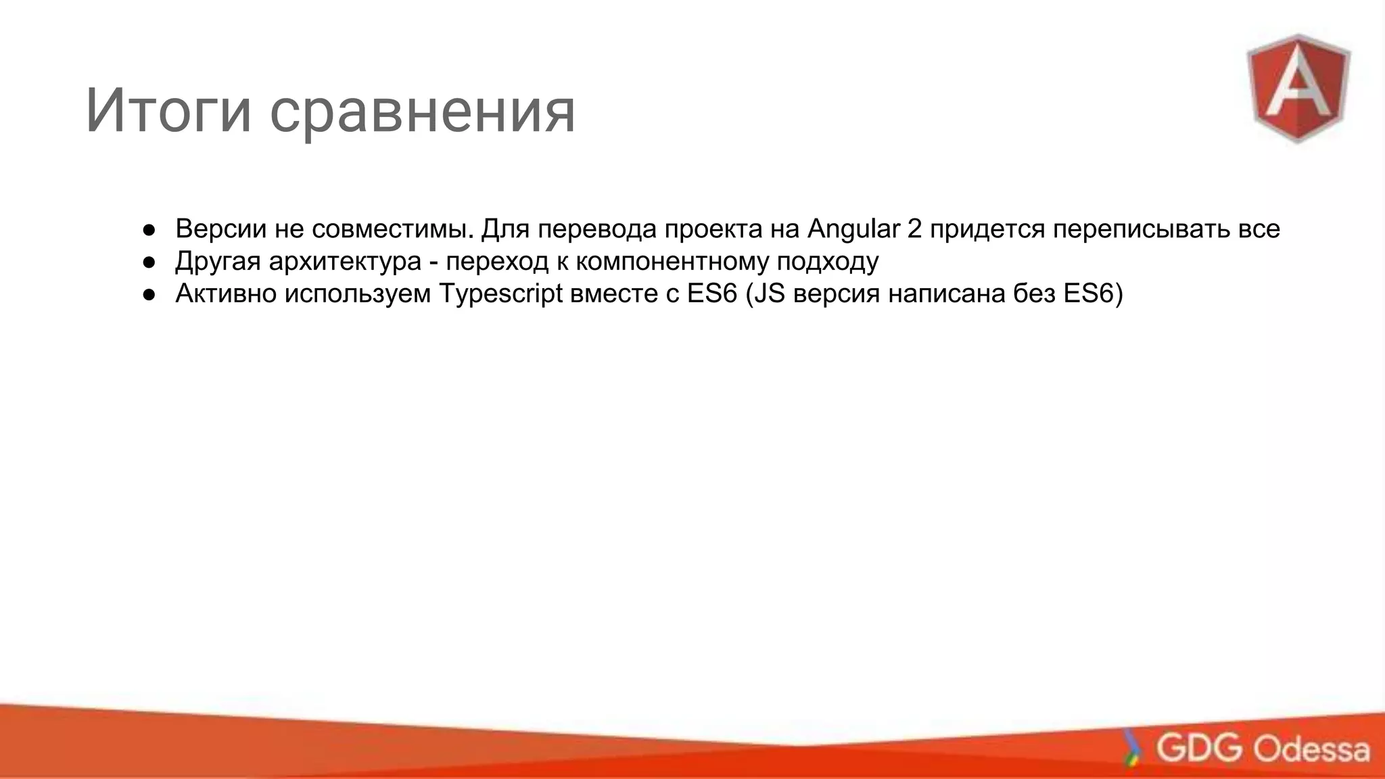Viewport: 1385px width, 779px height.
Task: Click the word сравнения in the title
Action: click(x=422, y=110)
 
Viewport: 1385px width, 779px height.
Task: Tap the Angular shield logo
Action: click(x=1298, y=88)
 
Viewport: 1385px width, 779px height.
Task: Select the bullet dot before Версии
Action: click(x=149, y=230)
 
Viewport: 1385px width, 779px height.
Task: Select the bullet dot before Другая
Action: click(x=149, y=262)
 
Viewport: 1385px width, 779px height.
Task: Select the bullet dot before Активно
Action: click(x=149, y=294)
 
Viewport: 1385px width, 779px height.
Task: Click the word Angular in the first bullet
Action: click(x=853, y=229)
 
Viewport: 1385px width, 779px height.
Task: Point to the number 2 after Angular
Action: click(x=914, y=229)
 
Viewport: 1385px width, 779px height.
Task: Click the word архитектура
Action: click(x=345, y=261)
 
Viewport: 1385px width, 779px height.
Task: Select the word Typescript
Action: click(x=500, y=293)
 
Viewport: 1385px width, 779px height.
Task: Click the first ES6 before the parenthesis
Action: click(x=711, y=293)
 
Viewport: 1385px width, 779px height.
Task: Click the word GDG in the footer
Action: click(x=1199, y=748)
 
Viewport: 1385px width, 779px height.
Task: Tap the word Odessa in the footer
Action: click(x=1311, y=749)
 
